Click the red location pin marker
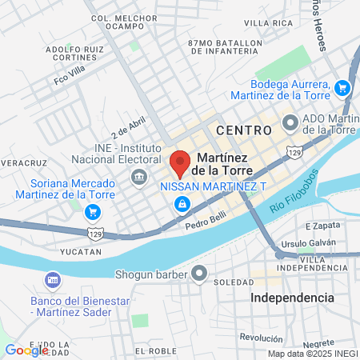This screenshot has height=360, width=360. point(180,162)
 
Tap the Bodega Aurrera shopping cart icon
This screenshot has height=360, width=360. point(342,88)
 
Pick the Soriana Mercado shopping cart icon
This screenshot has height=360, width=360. point(94,212)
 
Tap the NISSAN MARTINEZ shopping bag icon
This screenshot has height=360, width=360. point(183,205)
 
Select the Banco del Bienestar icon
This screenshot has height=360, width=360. point(54,281)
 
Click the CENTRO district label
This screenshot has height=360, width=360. point(239,128)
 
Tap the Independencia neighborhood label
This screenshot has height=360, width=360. point(292,297)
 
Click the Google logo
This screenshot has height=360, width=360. point(26,350)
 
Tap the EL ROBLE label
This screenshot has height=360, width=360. point(155,350)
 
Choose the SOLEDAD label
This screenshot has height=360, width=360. point(235,282)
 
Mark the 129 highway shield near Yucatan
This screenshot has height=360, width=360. point(94,234)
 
